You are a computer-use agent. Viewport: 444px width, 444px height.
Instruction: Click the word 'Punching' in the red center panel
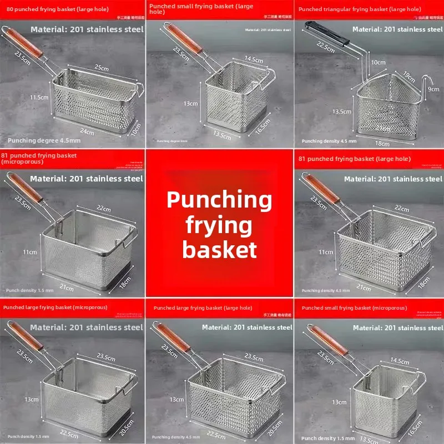click(219, 199)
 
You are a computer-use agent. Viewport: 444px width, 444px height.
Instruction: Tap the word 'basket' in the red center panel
click(219, 249)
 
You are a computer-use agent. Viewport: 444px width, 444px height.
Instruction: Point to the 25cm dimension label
click(101, 67)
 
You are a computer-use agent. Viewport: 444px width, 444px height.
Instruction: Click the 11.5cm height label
click(39, 97)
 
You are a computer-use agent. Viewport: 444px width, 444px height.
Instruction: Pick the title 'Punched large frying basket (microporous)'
click(56, 307)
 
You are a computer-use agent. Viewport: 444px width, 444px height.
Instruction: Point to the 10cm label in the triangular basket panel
click(379, 63)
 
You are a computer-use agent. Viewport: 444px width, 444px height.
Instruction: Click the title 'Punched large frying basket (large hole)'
click(203, 307)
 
